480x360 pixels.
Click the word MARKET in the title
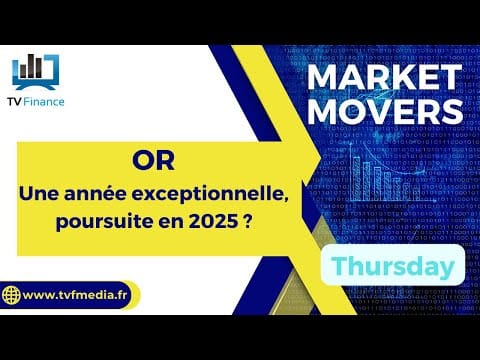pyautogui.click(x=384, y=78)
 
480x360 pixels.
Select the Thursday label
pyautogui.click(x=393, y=266)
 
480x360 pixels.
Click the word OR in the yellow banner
pyautogui.click(x=153, y=161)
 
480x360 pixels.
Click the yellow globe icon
pyautogui.click(x=11, y=295)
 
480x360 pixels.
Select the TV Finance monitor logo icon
pyautogui.click(x=36, y=72)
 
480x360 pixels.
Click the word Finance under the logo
pyautogui.click(x=44, y=102)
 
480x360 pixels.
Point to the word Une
pyautogui.click(x=39, y=194)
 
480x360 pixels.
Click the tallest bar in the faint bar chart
pyautogui.click(x=356, y=178)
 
